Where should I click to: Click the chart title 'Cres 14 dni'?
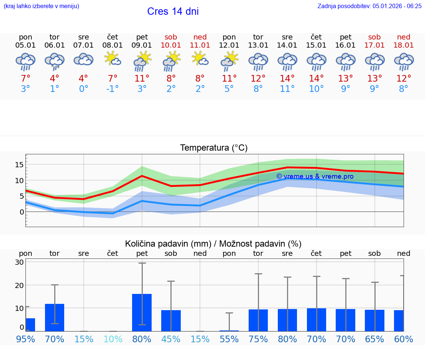click(173, 11)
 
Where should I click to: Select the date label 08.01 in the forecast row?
click(113, 45)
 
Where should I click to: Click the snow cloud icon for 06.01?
click(55, 61)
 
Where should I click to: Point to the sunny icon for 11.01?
click(200, 59)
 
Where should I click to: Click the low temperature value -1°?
click(113, 89)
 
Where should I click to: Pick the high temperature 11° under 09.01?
click(142, 78)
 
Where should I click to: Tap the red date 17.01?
click(374, 45)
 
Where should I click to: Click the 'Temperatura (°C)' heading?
click(214, 148)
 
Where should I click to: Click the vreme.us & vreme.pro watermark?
click(315, 176)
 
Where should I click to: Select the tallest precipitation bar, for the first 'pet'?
click(142, 312)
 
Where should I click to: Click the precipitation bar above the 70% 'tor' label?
click(55, 318)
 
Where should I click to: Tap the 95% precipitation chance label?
click(25, 339)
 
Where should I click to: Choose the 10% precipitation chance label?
click(113, 339)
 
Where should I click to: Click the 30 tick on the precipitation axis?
click(19, 262)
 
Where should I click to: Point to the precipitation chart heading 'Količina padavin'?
click(168, 244)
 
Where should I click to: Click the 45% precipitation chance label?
click(171, 339)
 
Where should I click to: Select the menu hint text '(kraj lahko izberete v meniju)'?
click(41, 6)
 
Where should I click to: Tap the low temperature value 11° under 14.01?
click(287, 89)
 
